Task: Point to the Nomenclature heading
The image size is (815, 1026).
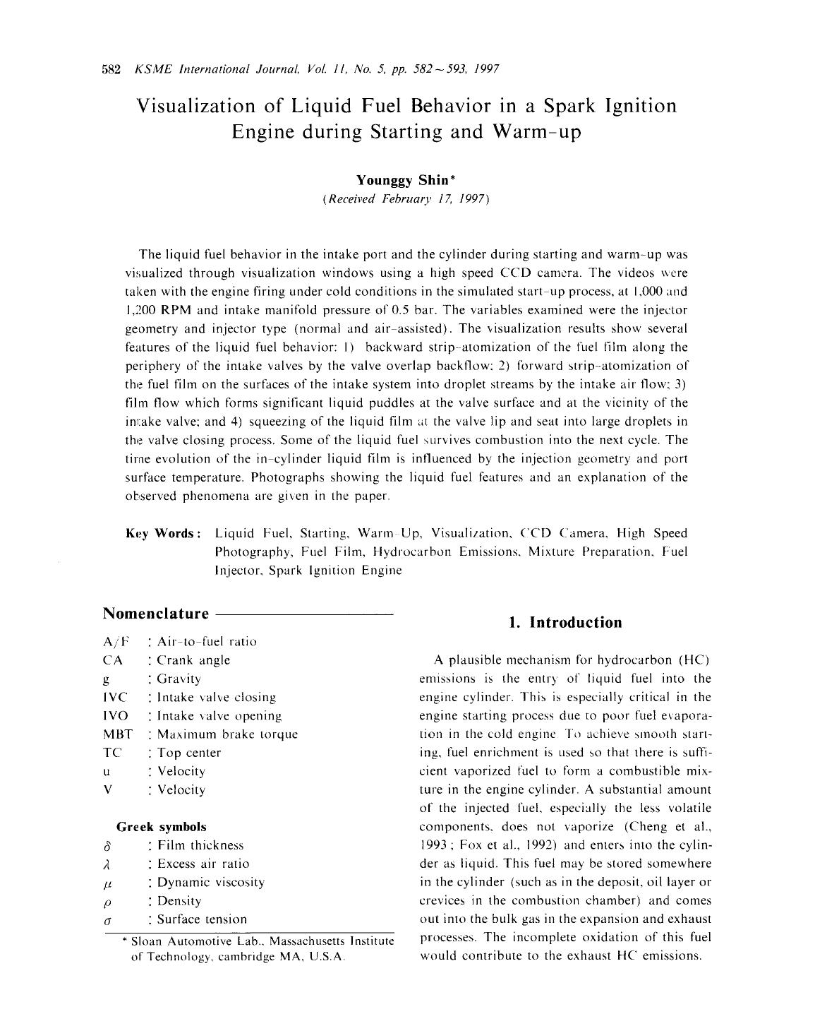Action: (156, 613)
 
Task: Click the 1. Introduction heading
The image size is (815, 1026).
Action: (565, 622)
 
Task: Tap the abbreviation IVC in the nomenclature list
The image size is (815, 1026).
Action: (115, 697)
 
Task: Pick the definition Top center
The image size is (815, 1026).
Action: (188, 753)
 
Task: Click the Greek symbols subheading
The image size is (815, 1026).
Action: (162, 826)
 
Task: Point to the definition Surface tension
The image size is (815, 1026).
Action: (202, 919)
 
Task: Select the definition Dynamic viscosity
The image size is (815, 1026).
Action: (210, 882)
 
